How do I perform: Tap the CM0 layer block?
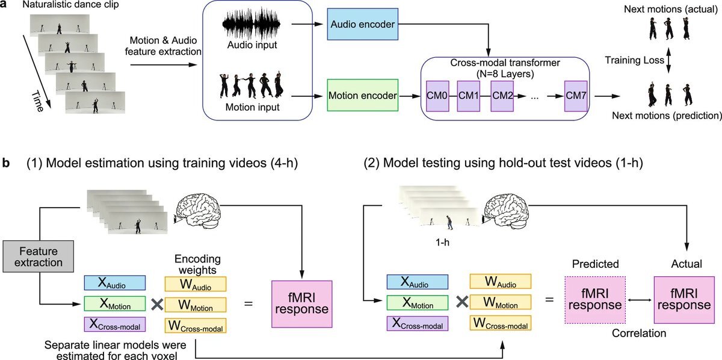(x=437, y=95)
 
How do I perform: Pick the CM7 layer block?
(x=576, y=95)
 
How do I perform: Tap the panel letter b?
(x=6, y=163)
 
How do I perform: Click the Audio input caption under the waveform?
(x=251, y=48)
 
